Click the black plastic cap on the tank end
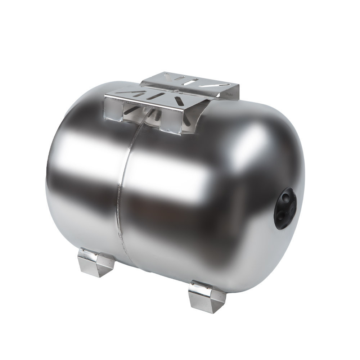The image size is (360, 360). pos(285,208)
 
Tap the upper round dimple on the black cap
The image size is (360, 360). pos(285,197)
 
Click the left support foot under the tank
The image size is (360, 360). pos(95,262)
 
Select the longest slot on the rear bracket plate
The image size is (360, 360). pos(215,85)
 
